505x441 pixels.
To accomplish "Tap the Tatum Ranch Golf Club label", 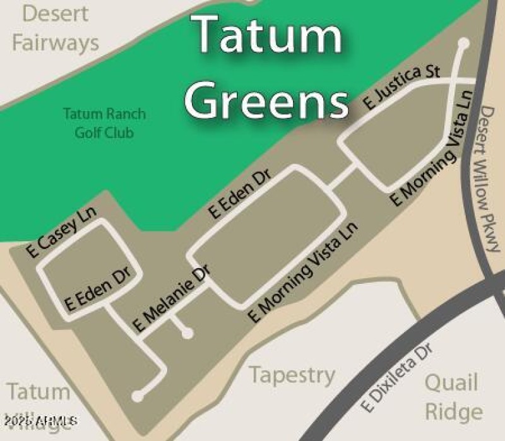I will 104,123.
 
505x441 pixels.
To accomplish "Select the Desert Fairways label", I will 56,28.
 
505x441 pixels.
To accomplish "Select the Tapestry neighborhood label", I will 292,375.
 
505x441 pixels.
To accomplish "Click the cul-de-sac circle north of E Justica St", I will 463,43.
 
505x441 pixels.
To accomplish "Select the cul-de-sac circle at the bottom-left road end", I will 138,396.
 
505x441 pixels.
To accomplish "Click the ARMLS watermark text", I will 39,420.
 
